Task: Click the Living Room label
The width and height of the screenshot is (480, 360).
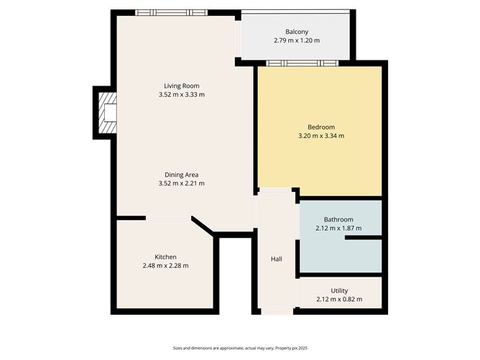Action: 181,86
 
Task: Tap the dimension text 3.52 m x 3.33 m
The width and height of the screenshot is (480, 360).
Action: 181,94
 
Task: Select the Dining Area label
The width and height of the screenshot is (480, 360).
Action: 181,175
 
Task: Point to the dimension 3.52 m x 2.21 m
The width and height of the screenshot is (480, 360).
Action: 181,183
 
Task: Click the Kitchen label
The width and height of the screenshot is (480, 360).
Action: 165,257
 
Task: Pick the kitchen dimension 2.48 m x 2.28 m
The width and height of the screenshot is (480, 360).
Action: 165,265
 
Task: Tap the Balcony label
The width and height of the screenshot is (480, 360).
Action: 297,32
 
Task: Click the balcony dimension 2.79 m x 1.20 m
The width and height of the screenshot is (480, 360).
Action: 297,40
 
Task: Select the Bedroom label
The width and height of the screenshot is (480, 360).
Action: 321,127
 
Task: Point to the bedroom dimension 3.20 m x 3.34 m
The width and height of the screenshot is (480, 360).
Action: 321,136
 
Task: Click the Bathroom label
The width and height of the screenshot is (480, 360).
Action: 338,219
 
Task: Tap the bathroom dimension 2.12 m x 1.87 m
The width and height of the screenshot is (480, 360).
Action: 338,228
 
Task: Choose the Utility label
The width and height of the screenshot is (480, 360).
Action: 339,290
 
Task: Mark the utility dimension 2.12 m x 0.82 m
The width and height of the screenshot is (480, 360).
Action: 339,299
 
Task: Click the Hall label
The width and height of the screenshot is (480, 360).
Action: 277,259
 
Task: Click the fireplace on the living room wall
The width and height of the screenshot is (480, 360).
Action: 106,113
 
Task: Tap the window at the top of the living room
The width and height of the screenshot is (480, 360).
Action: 172,12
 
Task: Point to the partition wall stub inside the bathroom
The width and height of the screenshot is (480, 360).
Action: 363,236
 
